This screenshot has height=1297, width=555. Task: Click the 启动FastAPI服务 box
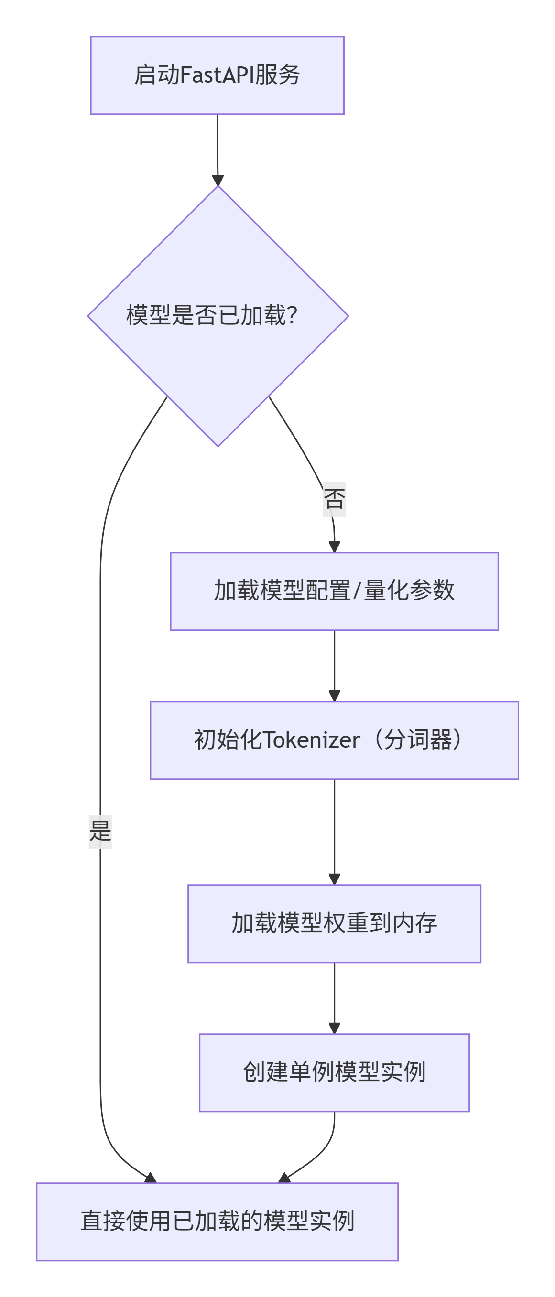pyautogui.click(x=217, y=75)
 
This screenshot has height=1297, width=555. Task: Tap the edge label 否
pyautogui.click(x=334, y=499)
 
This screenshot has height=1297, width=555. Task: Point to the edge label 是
pyautogui.click(x=100, y=831)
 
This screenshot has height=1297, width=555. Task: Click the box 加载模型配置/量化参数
pyautogui.click(x=334, y=591)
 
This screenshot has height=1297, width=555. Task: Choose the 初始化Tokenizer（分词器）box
pyautogui.click(x=334, y=740)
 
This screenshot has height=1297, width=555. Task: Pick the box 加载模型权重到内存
pyautogui.click(x=334, y=923)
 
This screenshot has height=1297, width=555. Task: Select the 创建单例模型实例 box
pyautogui.click(x=334, y=1072)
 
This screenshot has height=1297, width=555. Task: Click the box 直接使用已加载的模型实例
pyautogui.click(x=217, y=1222)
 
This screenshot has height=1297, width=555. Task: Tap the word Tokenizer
pyautogui.click(x=311, y=740)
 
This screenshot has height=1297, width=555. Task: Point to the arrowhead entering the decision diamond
pyautogui.click(x=218, y=180)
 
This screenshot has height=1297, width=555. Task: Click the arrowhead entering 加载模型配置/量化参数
pyautogui.click(x=334, y=547)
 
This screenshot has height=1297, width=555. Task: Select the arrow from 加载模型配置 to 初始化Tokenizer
pyautogui.click(x=334, y=665)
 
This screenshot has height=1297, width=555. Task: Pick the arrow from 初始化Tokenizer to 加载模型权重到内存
pyautogui.click(x=334, y=831)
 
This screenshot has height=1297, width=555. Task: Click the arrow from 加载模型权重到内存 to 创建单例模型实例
pyautogui.click(x=334, y=997)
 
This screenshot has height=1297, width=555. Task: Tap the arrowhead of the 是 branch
pyautogui.click(x=151, y=1178)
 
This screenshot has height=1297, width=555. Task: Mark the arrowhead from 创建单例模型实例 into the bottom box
pyautogui.click(x=284, y=1178)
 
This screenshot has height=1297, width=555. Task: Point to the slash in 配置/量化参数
pyautogui.click(x=357, y=591)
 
